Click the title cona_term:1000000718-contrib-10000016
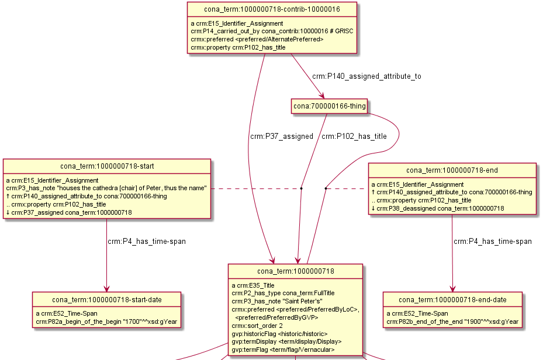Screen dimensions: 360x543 pyautogui.click(x=272, y=9)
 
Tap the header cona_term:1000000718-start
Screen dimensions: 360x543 pyautogui.click(x=106, y=166)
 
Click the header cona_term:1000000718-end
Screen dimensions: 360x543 pyautogui.click(x=452, y=170)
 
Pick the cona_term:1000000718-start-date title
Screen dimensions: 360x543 pyautogui.click(x=106, y=300)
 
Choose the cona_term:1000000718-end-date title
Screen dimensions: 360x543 pyautogui.click(x=452, y=300)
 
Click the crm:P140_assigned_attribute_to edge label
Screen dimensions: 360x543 pyautogui.click(x=366, y=76)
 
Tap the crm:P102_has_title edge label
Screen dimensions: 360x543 pyautogui.click(x=354, y=137)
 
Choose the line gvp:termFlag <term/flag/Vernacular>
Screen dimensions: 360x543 pyautogui.click(x=283, y=349)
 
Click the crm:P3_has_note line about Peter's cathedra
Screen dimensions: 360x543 pyautogui.click(x=107, y=188)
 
